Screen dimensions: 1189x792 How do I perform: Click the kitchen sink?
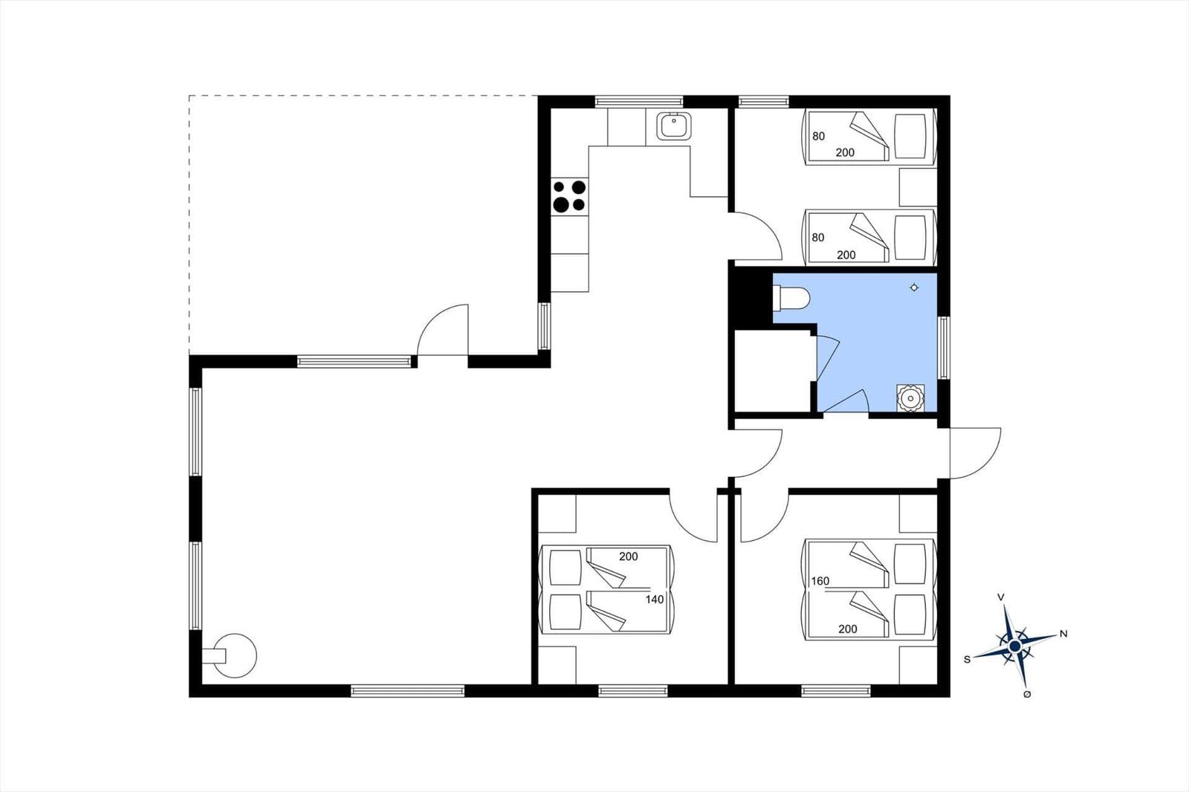point(673,126)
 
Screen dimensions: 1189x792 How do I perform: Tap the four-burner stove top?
point(569,196)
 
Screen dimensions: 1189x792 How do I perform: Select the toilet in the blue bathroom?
point(791,299)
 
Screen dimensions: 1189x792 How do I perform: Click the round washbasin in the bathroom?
point(910,398)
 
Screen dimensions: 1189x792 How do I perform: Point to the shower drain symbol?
point(914,288)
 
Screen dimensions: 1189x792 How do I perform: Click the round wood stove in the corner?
point(233,656)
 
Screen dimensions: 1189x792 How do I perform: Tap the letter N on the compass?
point(1063,634)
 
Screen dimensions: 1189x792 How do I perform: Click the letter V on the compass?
point(1000,597)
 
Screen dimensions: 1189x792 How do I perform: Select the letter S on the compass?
point(967,659)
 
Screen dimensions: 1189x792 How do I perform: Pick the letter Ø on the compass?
point(1027,695)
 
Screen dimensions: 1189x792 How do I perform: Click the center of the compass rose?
point(1015,646)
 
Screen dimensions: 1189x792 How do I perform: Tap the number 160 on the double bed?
point(820,581)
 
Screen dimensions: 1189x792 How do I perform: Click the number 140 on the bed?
point(655,600)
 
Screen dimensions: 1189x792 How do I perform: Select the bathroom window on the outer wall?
point(943,348)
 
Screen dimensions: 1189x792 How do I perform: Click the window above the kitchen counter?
point(638,101)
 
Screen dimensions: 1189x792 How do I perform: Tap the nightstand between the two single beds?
point(918,187)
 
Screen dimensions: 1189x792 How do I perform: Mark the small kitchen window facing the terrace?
point(544,326)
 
